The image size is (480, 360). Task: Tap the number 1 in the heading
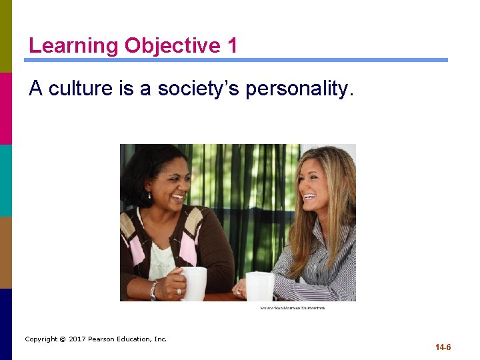[x=231, y=46]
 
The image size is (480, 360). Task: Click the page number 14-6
[x=443, y=347]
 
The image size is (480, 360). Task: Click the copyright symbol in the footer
[x=63, y=339]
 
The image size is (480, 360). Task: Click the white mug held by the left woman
[x=193, y=283]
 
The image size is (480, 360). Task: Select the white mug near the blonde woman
[x=260, y=286]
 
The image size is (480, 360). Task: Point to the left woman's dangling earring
[x=149, y=195]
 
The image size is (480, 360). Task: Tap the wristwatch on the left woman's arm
[x=154, y=290]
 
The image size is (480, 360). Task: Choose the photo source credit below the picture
[x=293, y=307]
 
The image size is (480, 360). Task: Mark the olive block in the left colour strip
[x=6, y=36]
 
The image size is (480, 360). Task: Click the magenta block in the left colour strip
[x=6, y=108]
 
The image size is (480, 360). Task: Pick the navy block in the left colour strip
[x=6, y=324]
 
